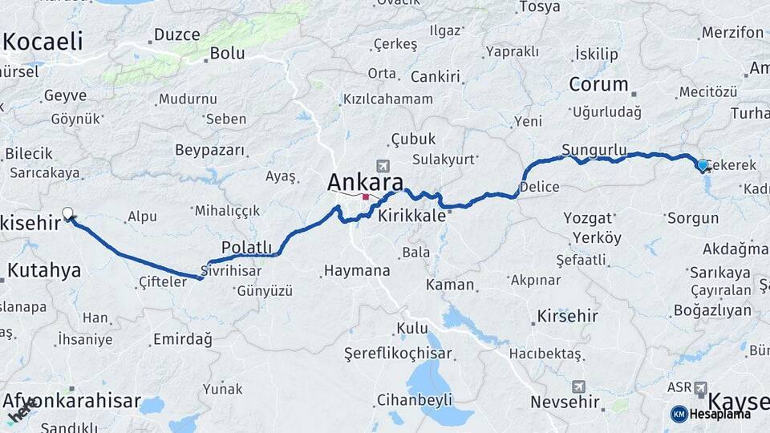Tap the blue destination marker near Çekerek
tap(703, 165)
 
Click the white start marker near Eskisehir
tap(68, 213)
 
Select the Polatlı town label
tap(247, 247)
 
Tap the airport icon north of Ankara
tap(382, 166)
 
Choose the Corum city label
tap(598, 84)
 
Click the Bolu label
tap(227, 54)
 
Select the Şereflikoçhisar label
tap(399, 354)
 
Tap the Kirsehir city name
tap(568, 316)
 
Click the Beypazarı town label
tap(209, 150)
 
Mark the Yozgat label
tap(588, 217)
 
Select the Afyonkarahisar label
tap(72, 401)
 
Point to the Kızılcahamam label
tap(388, 99)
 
